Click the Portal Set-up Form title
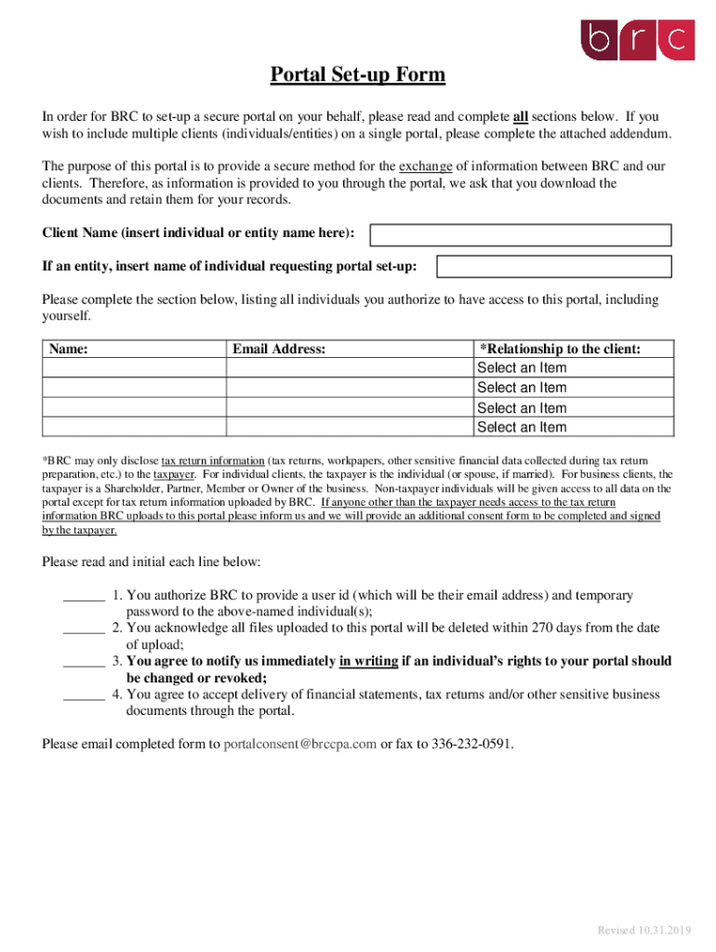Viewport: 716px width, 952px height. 358,74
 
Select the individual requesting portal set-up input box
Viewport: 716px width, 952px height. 553,267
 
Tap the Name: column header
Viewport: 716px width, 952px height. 68,349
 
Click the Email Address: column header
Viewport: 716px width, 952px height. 279,349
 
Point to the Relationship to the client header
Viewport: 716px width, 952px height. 560,349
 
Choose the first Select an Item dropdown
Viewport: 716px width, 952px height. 522,368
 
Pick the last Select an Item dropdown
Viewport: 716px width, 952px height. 522,428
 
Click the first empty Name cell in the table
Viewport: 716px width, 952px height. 135,368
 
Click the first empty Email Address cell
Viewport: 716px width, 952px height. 350,368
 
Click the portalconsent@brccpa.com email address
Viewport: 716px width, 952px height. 300,744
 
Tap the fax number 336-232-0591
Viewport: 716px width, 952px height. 471,744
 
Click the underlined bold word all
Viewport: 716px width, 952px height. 521,117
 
